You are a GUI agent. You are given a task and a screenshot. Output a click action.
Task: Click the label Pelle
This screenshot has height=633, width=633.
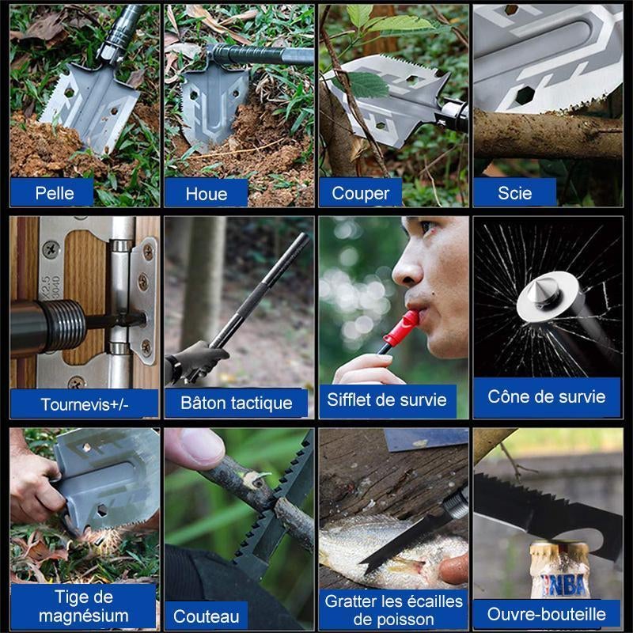(x=55, y=193)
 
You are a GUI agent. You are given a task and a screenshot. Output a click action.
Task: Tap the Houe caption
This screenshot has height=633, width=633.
(x=207, y=194)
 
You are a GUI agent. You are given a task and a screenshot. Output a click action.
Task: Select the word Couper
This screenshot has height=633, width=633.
(x=361, y=194)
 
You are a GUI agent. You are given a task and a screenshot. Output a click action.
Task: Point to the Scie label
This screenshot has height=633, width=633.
(x=515, y=193)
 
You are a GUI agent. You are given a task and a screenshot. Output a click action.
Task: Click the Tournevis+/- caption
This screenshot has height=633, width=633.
(x=85, y=404)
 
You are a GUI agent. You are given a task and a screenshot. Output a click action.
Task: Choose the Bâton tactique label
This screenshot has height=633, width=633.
(x=237, y=403)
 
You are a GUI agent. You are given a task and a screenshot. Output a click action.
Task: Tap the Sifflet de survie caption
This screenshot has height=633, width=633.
(x=387, y=400)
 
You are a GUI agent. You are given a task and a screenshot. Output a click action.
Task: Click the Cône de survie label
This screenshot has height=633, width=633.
(x=547, y=396)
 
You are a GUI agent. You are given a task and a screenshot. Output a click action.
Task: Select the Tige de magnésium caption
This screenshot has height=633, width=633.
(x=84, y=606)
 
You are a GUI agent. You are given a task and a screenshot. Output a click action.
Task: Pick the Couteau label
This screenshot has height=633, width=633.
(x=207, y=616)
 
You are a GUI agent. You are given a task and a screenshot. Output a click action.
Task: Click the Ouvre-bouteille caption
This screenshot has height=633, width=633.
(x=547, y=614)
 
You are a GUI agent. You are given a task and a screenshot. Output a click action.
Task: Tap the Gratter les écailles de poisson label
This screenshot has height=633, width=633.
(x=393, y=610)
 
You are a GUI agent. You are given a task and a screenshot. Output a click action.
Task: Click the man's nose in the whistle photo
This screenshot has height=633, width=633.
(x=407, y=269)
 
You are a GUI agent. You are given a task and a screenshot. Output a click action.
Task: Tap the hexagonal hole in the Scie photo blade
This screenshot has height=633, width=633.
(x=525, y=95)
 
